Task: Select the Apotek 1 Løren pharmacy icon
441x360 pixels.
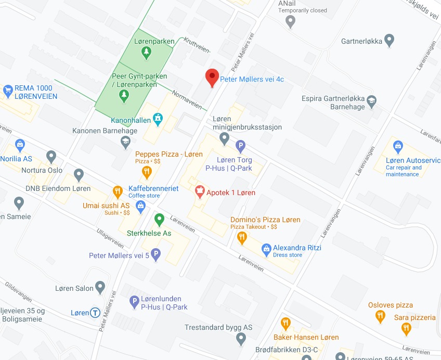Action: click(199, 192)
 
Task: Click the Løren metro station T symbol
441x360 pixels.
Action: click(95, 313)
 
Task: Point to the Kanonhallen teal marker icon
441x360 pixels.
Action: click(157, 120)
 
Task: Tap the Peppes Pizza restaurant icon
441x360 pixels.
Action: click(147, 171)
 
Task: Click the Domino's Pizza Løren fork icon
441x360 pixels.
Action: click(242, 238)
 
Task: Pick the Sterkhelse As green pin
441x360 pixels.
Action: click(159, 219)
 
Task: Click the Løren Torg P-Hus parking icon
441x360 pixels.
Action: click(240, 147)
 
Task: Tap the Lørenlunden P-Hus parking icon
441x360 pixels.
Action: click(134, 300)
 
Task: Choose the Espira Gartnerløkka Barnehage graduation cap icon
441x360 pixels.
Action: click(371, 101)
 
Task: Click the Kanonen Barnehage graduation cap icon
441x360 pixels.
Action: click(125, 141)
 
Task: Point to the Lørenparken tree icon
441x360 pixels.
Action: click(147, 52)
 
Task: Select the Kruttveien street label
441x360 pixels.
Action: click(195, 45)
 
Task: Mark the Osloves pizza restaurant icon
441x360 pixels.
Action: click(381, 315)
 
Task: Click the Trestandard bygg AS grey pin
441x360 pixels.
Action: click(240, 339)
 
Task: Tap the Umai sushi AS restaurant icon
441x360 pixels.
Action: click(117, 191)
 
